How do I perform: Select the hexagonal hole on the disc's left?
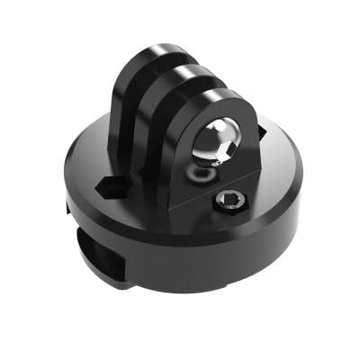tap(110, 185)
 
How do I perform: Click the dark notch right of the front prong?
tap(261, 132)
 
